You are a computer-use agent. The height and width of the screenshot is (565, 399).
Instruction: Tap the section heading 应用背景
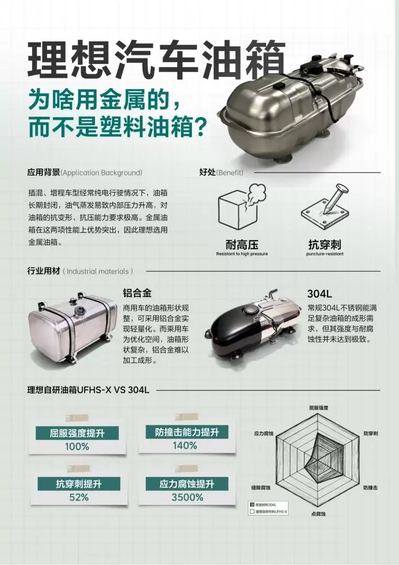click(43, 172)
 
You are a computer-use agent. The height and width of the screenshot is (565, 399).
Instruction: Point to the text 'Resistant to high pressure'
click(242, 254)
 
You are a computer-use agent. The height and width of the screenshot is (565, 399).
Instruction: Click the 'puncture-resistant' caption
click(325, 254)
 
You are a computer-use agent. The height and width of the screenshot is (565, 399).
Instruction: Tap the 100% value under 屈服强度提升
click(77, 447)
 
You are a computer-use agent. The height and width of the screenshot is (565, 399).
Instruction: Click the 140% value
click(185, 446)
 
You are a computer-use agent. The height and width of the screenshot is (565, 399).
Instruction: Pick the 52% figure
click(78, 497)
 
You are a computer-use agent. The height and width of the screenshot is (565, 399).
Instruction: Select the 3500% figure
click(187, 497)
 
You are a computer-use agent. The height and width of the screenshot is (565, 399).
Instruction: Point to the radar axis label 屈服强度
click(318, 407)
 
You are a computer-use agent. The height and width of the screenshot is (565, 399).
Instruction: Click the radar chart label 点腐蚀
click(318, 514)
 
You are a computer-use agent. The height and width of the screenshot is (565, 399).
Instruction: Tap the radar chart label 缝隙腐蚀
click(261, 488)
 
